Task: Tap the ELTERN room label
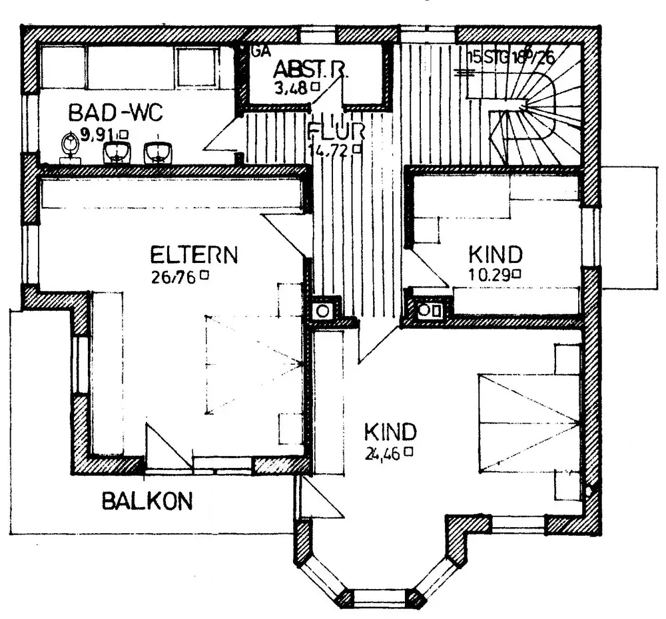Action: [x=194, y=255]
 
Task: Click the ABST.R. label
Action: [x=310, y=70]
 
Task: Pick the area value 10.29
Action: [x=489, y=274]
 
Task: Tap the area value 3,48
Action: [x=291, y=87]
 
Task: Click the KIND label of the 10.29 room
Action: [x=495, y=254]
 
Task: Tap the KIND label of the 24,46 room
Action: [x=390, y=432]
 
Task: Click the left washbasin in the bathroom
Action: [x=117, y=152]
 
